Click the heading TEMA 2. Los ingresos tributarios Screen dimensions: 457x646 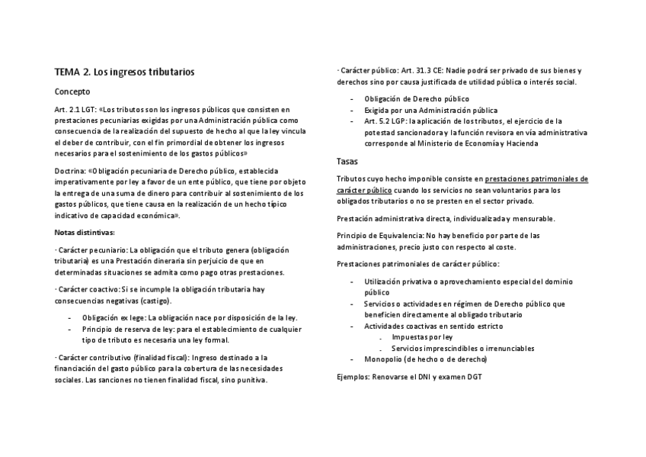124,72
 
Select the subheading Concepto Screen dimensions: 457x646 72,92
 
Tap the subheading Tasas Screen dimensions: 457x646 348,161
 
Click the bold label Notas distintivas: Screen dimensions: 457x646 85,232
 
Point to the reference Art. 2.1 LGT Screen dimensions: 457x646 76,110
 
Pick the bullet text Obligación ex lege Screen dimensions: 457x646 114,317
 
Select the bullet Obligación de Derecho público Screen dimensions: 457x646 417,99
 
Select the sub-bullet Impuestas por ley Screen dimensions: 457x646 422,336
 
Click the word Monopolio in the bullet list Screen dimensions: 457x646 384,359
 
